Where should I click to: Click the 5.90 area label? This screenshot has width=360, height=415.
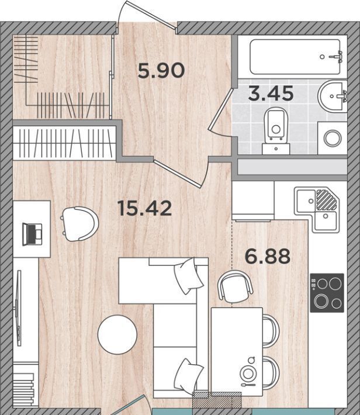(x=161, y=70)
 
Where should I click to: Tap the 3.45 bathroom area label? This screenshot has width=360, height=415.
(x=271, y=94)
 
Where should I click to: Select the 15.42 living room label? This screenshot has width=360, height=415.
(x=145, y=208)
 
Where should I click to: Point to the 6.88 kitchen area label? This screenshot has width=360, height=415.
(x=267, y=256)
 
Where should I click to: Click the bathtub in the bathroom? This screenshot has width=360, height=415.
(x=295, y=57)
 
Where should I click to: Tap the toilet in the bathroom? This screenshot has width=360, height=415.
(x=276, y=131)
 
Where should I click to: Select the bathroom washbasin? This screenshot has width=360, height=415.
(x=332, y=96)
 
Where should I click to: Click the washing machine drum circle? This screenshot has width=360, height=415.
(x=333, y=138)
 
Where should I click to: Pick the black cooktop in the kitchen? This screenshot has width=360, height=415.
(x=327, y=293)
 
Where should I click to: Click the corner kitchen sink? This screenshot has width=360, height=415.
(x=317, y=210)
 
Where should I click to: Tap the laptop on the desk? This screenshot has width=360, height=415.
(x=32, y=234)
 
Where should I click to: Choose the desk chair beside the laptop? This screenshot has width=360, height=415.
(x=79, y=224)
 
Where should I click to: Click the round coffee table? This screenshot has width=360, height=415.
(x=117, y=334)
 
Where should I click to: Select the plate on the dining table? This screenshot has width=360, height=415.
(x=248, y=373)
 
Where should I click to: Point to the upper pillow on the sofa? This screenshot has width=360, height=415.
(x=188, y=276)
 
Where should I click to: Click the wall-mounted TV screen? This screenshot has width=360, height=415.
(x=19, y=308)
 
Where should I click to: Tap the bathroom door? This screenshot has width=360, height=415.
(x=220, y=109)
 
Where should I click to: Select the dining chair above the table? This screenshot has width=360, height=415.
(x=235, y=287)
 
